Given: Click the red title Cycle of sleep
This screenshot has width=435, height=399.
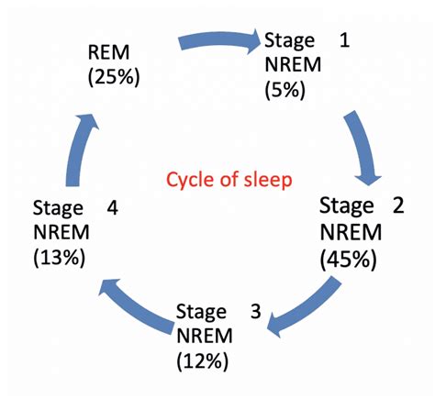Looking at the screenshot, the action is [229, 180].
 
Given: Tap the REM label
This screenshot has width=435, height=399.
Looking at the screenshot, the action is [108, 52].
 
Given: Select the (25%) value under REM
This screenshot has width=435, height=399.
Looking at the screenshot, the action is [114, 77].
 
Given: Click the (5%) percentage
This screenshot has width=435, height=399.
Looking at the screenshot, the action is [285, 90].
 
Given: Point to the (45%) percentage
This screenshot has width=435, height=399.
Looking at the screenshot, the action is [348, 260].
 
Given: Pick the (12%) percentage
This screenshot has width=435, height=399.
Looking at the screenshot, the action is [203, 361].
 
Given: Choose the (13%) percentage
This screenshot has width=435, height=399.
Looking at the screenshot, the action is [60, 258].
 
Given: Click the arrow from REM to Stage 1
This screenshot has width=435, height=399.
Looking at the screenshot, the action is [219, 39].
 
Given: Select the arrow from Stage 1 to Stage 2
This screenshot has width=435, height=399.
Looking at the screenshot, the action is [364, 147].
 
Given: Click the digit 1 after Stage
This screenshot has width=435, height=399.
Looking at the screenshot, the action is [344, 40].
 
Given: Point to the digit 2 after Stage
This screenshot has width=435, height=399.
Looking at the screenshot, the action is [398, 205].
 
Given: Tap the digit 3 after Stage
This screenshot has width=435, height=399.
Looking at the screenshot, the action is [256, 311].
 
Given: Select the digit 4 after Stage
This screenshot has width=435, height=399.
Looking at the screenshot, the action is [112, 208].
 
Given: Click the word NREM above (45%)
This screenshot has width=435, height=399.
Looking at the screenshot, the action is [351, 232].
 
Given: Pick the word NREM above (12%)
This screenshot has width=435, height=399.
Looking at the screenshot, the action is [205, 336].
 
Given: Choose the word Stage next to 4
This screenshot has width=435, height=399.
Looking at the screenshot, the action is [58, 209].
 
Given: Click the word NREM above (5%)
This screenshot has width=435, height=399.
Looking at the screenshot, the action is [293, 64].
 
